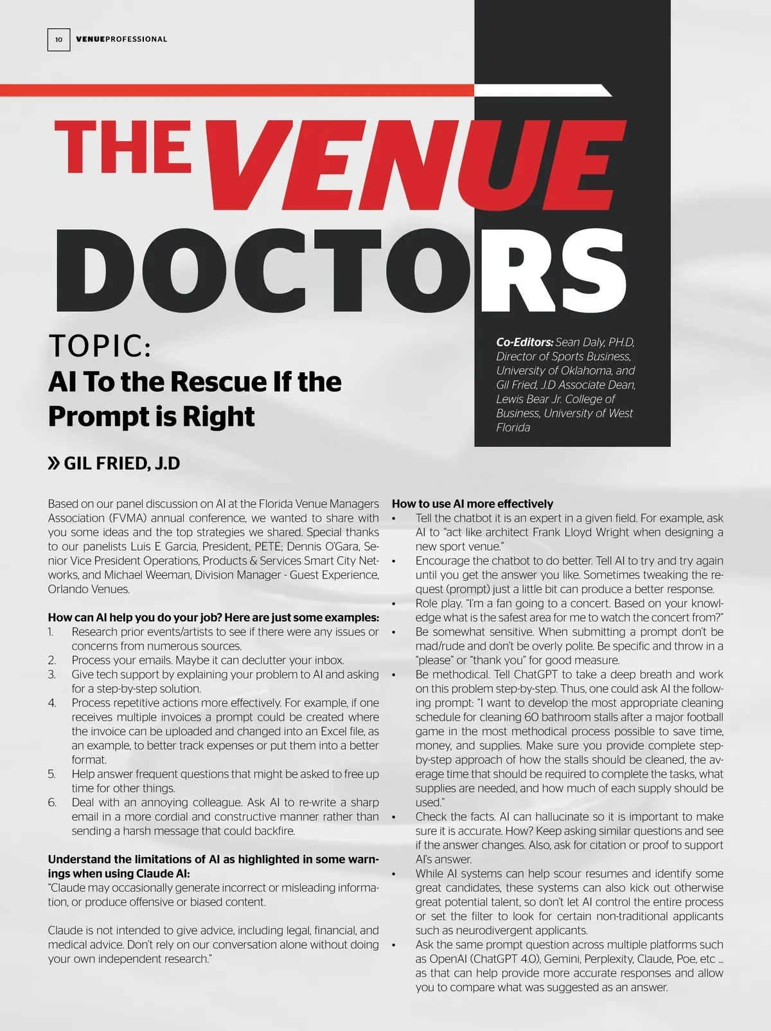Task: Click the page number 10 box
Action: tap(58, 39)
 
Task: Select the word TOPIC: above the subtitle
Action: tap(100, 346)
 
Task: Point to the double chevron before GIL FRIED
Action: tap(54, 464)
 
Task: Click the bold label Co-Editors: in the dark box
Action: tap(524, 342)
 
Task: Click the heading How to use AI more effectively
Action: tap(472, 504)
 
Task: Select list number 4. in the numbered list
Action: tap(52, 703)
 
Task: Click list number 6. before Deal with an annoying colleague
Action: tap(52, 802)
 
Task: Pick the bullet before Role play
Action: tap(394, 603)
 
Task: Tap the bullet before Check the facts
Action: tap(394, 817)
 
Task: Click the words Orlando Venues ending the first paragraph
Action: tap(88, 589)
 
